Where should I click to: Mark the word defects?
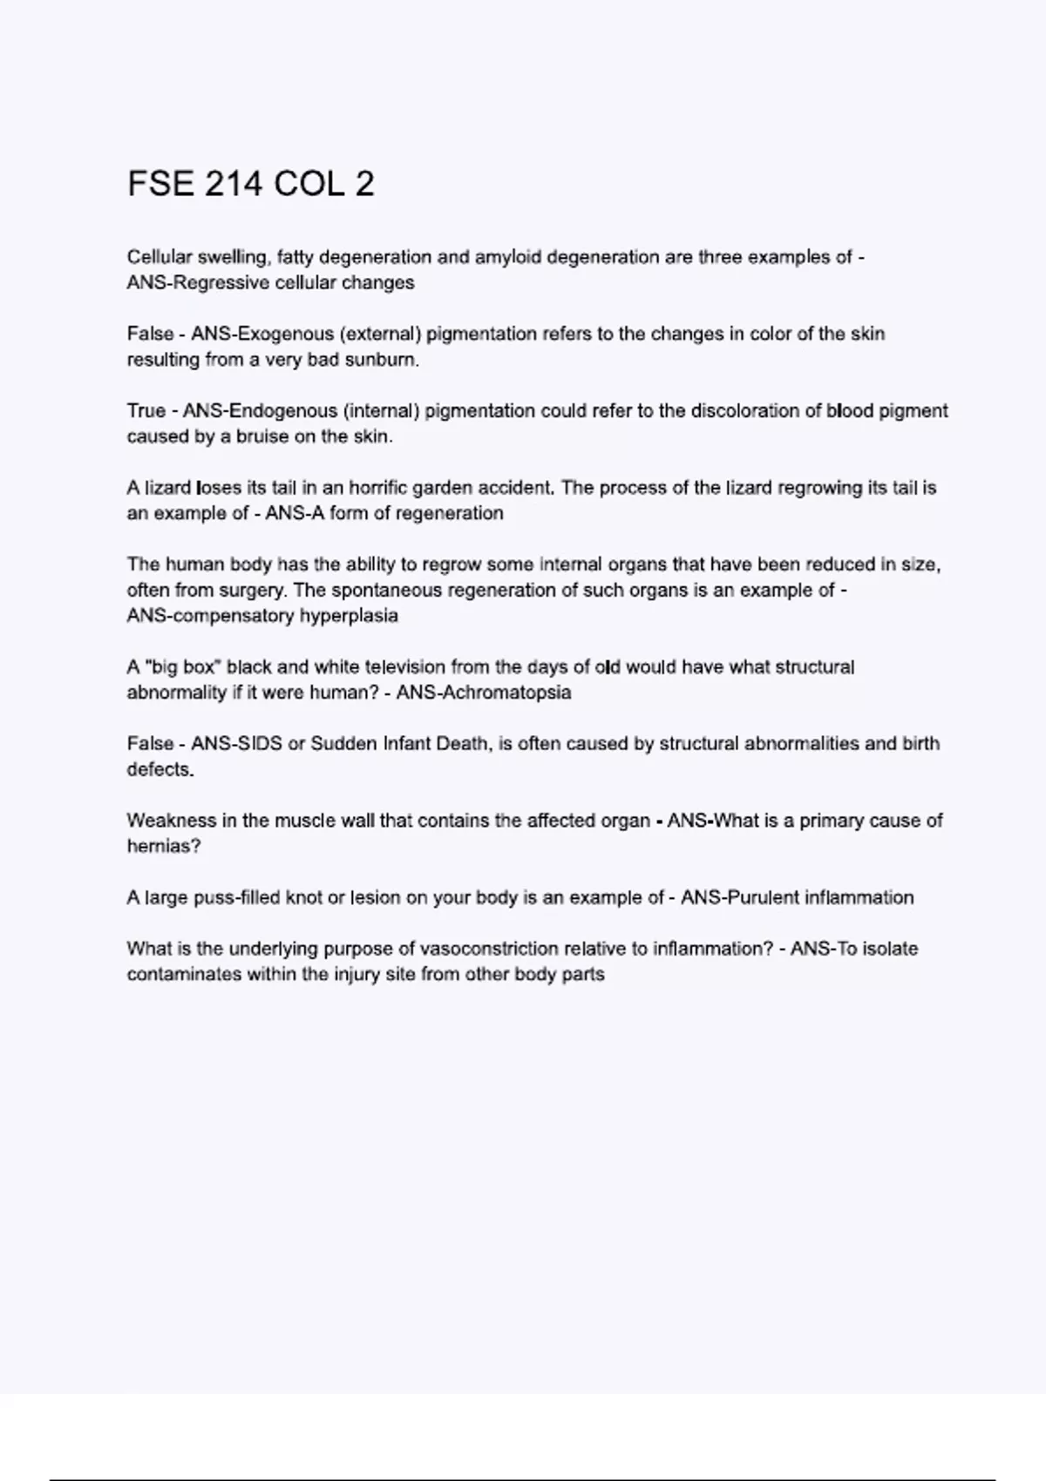pyautogui.click(x=160, y=769)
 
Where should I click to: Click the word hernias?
pyautogui.click(x=163, y=846)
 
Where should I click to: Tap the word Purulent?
pyautogui.click(x=762, y=897)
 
